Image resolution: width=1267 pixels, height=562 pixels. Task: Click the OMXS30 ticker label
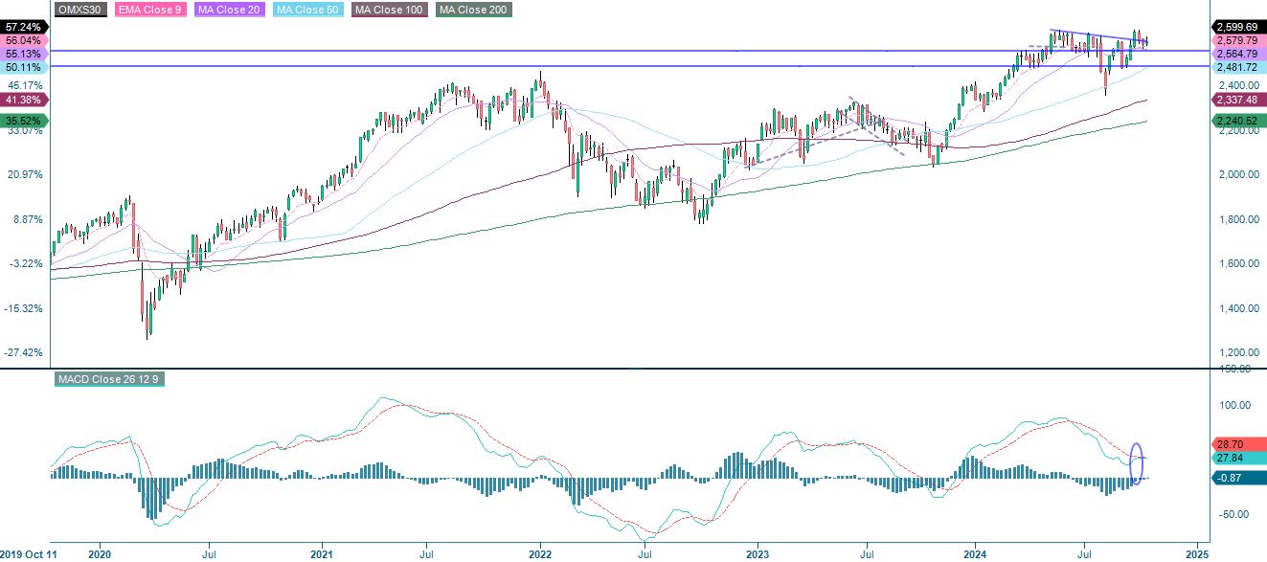tap(80, 10)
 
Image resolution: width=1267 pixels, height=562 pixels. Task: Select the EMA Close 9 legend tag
tap(150, 10)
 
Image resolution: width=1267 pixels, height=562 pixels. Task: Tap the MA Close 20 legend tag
tap(231, 10)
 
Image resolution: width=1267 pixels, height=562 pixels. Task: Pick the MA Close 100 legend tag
tap(391, 10)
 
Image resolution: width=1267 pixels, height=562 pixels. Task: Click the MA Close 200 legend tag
tap(473, 10)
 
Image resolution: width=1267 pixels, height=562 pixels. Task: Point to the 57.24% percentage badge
tap(23, 28)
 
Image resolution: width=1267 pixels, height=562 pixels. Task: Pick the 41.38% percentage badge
tap(23, 100)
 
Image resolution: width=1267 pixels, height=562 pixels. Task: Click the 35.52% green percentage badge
tap(23, 121)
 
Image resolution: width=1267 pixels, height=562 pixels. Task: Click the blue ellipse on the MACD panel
tap(1137, 463)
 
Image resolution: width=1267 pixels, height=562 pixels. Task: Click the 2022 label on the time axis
tap(540, 553)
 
